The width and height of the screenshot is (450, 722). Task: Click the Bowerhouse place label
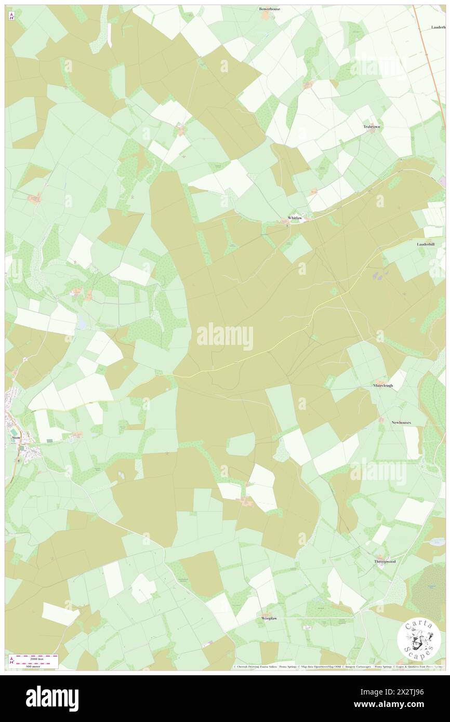[x=270, y=9]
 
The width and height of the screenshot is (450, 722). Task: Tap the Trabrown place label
[x=372, y=127]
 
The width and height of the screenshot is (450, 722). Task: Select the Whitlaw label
[x=295, y=218]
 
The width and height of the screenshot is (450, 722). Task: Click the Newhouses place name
[x=401, y=423]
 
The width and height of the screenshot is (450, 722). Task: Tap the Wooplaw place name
[x=269, y=619]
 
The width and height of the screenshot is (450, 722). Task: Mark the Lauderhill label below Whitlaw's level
[x=429, y=244]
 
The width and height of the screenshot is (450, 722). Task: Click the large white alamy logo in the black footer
[x=52, y=699]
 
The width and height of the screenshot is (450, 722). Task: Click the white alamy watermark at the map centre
[x=225, y=336]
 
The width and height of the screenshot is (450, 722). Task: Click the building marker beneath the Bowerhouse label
[x=266, y=16]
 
